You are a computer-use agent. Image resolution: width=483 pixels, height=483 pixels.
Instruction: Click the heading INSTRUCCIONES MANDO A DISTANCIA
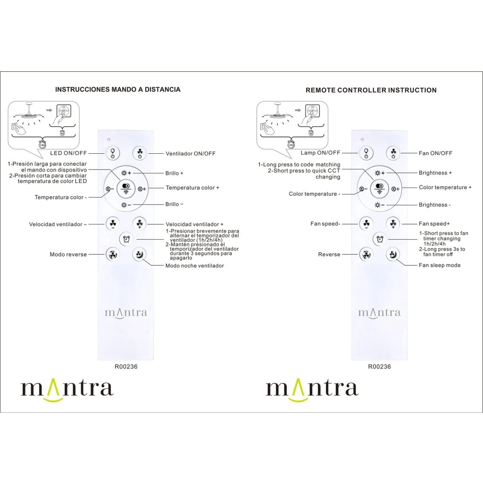coord(117,89)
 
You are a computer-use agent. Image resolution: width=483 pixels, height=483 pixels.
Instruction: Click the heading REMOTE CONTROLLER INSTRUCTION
coord(371,90)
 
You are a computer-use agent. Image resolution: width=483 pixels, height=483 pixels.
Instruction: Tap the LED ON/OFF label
coord(68,153)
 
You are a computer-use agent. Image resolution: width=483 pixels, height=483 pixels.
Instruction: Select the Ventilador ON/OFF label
coord(191,153)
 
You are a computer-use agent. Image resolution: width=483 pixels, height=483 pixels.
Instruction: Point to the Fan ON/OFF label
coord(435,153)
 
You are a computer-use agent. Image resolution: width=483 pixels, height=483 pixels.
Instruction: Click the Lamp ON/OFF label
coord(320,153)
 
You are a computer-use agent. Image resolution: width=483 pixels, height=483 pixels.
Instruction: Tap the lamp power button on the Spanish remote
coord(112,152)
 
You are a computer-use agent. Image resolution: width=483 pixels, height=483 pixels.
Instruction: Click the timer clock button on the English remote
coord(379,239)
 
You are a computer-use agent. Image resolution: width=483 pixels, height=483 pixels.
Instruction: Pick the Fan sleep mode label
coord(440,265)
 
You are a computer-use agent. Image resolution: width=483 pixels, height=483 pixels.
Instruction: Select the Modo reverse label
coord(68,254)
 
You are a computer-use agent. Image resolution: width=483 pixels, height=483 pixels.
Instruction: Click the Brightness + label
coord(435,173)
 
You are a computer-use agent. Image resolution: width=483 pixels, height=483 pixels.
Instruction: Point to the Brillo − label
coord(175,204)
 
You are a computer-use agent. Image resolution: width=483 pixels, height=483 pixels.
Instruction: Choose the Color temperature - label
coord(314,194)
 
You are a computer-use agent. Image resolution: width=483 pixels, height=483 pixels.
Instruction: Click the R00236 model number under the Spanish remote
coord(126,366)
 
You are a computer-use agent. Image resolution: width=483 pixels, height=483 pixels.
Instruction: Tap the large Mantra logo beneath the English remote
coord(312,389)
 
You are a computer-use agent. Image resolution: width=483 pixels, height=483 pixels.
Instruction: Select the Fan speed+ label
coord(434,224)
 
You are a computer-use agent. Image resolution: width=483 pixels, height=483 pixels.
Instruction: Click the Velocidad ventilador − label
coord(58,224)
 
